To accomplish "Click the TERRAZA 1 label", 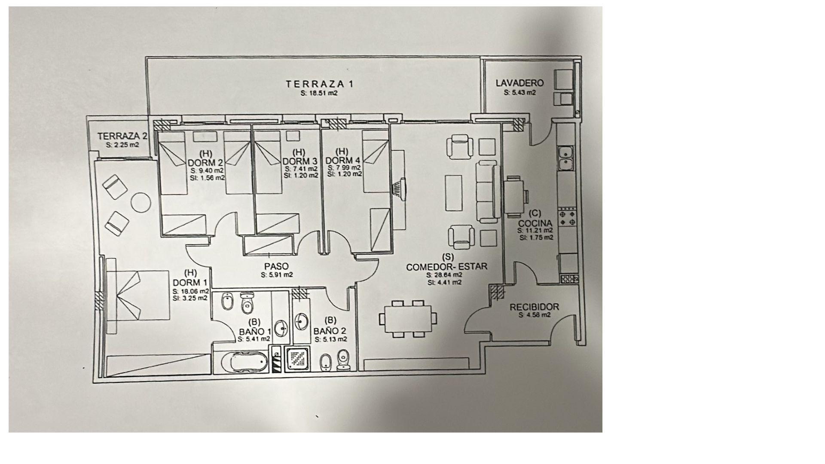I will (320, 84).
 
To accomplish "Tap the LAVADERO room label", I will (519, 83).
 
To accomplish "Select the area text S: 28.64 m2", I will (444, 275).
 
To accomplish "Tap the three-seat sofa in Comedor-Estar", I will (487, 191).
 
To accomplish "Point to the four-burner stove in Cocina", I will (567, 217).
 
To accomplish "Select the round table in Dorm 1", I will (140, 202).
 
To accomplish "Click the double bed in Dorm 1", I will (137, 296).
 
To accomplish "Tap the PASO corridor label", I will (276, 267).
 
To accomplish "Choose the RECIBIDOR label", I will (534, 307).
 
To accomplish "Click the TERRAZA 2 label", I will (122, 136).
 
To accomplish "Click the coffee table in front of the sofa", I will (453, 192).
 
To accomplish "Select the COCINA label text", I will (535, 223).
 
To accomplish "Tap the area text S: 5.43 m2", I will (519, 92).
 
